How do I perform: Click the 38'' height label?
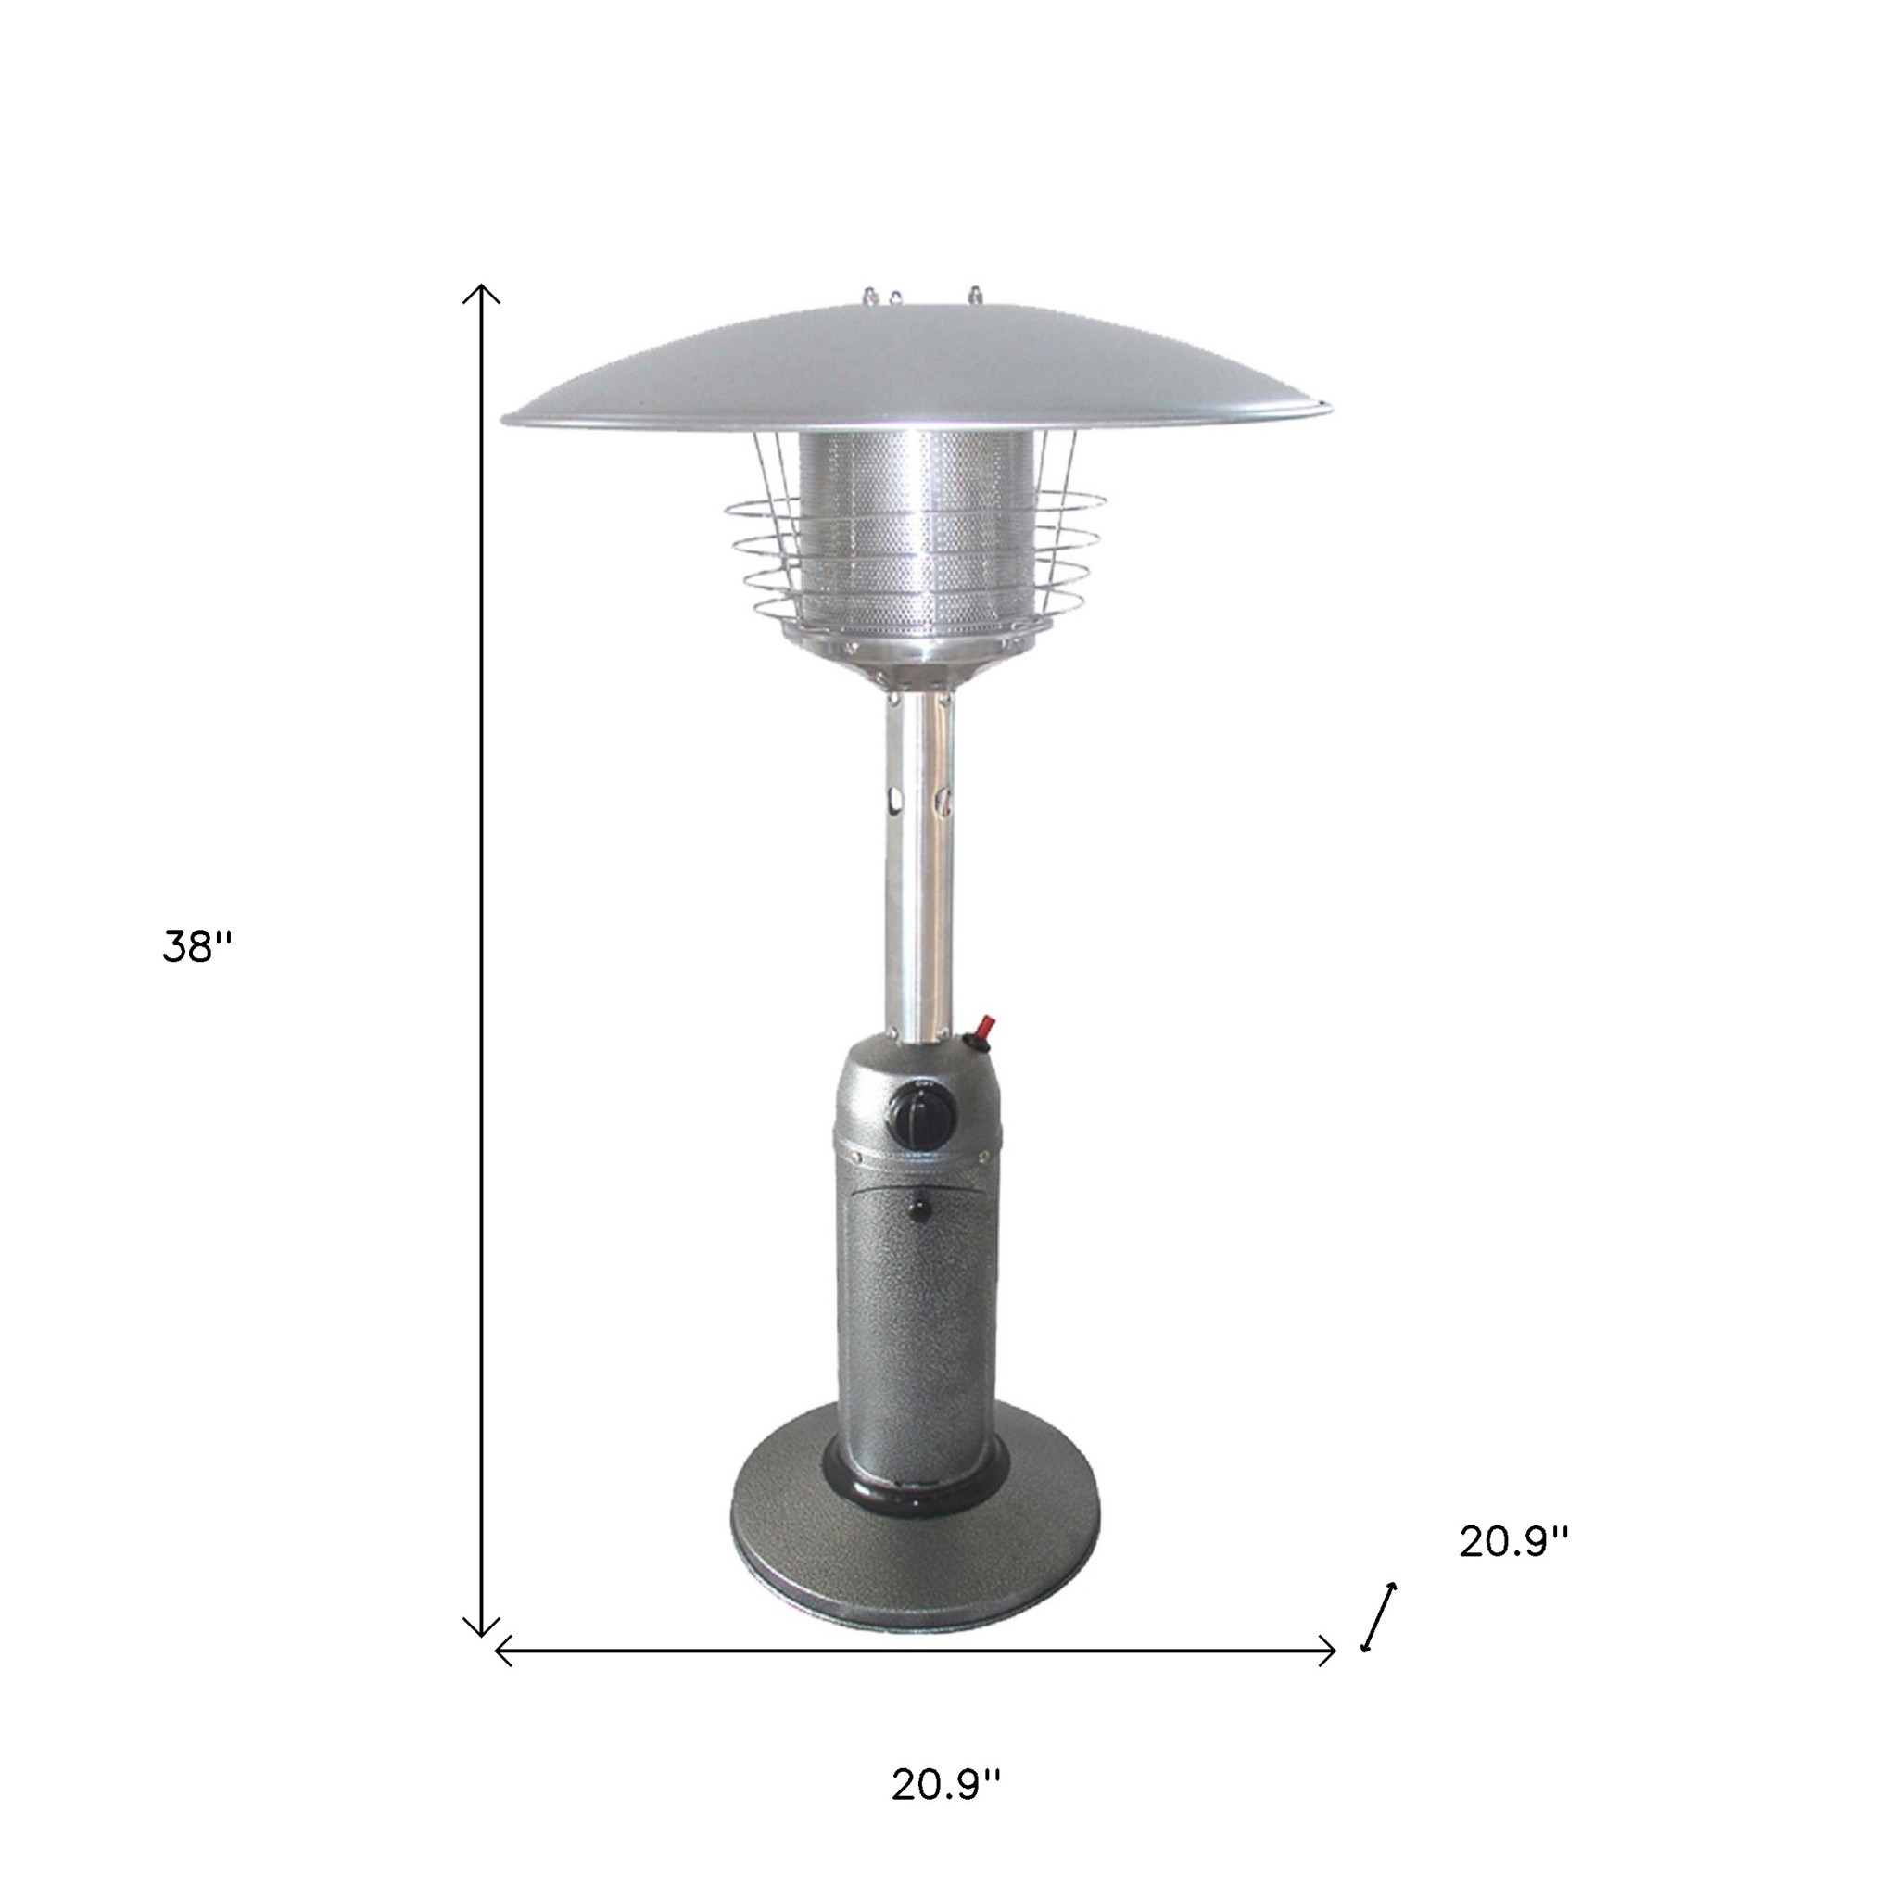tap(196, 948)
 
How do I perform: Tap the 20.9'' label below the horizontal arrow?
tap(946, 1785)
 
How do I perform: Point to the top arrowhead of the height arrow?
tap(481, 292)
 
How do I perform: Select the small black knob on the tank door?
tap(920, 1209)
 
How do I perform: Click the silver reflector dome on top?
tap(916, 369)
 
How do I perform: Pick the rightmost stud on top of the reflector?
tap(975, 294)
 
